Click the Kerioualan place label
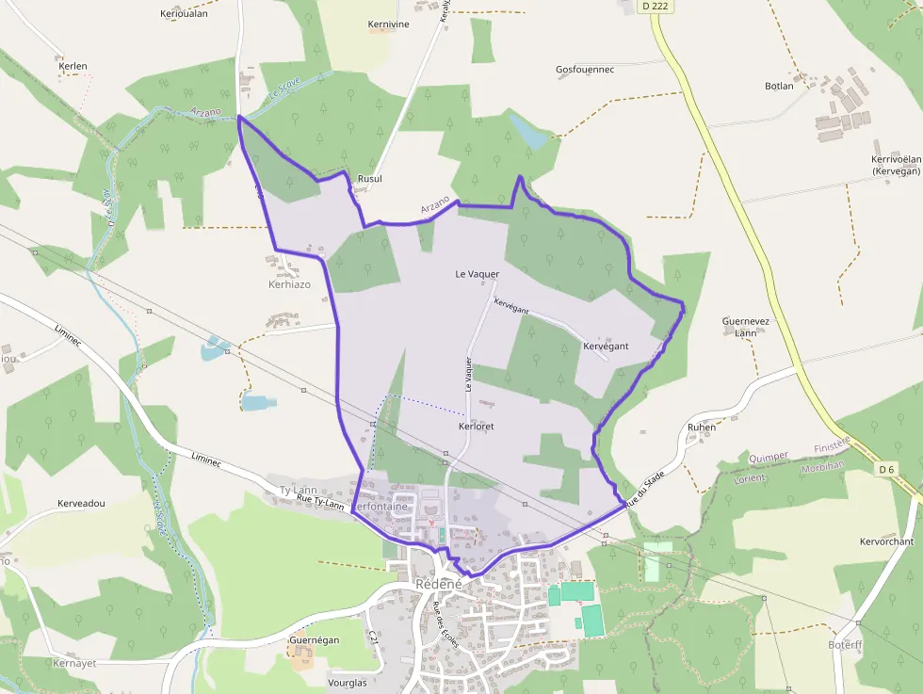[184, 13]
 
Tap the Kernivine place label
[388, 24]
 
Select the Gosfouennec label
[585, 70]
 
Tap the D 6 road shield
[886, 469]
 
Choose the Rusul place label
[370, 178]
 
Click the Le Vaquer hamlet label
[477, 274]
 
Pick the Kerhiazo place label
[289, 284]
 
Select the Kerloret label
[477, 427]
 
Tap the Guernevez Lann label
[746, 327]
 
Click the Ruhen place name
[702, 427]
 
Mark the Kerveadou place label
[81, 504]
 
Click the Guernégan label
[314, 640]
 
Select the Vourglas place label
[348, 683]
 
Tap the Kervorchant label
[886, 541]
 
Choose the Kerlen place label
[73, 66]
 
